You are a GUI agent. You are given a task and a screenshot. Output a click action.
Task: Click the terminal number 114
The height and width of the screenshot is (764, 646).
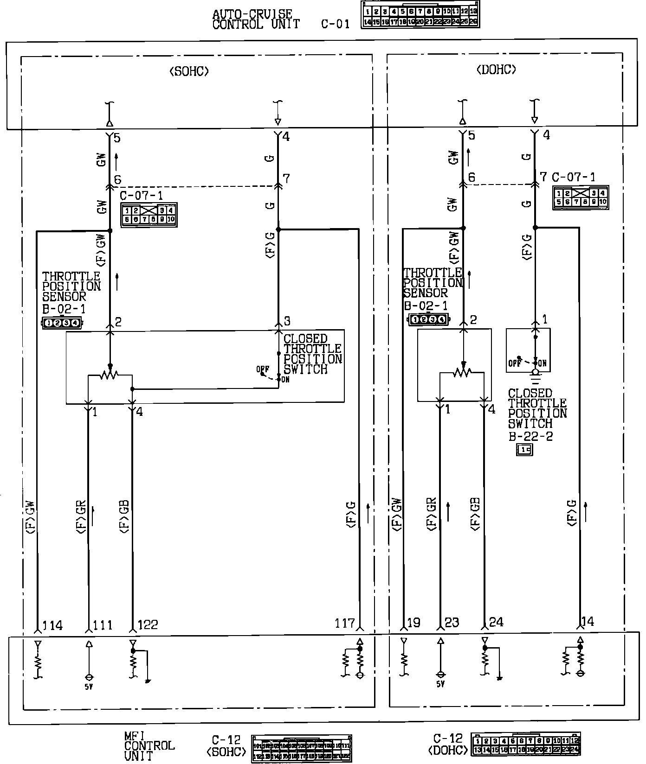point(52,625)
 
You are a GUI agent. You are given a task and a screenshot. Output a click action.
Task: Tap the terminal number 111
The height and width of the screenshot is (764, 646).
point(103,625)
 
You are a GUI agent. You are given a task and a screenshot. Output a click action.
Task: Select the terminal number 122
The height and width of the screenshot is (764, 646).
point(148,625)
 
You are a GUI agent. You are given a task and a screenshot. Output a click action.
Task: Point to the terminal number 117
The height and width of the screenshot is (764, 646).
point(344,624)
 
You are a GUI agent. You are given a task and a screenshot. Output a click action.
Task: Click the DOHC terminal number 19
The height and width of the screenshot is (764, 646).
point(413,623)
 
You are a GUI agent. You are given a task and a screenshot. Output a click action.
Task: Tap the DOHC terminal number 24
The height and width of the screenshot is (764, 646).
point(496,622)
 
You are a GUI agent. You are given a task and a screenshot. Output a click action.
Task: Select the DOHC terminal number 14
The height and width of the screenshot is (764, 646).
point(588,621)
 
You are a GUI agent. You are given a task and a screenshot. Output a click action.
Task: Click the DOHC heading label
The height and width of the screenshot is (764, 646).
point(496,70)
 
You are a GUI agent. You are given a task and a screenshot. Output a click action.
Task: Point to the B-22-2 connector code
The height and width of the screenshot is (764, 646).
point(530,436)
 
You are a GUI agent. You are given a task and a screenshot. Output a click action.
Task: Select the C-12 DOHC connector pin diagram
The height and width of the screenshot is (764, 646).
point(526,745)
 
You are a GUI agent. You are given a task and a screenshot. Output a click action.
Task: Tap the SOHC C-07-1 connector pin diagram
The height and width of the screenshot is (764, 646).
point(149,215)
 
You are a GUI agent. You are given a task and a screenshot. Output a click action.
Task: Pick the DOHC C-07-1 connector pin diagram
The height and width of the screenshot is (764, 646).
point(581,198)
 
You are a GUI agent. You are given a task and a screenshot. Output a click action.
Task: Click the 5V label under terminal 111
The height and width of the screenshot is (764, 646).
point(89,687)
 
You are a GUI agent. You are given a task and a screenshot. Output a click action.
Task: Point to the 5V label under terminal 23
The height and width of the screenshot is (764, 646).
point(440,684)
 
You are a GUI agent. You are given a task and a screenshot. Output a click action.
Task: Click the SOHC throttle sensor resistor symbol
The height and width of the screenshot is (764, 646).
point(110,374)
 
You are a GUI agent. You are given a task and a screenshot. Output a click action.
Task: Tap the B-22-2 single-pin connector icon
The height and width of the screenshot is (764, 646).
point(525,449)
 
